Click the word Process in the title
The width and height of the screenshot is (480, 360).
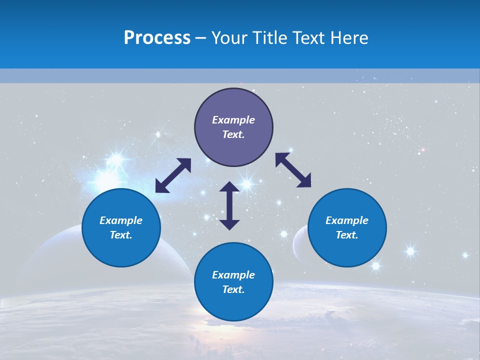click(157, 38)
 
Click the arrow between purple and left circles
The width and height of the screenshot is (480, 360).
click(173, 175)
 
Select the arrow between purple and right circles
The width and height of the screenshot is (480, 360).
click(293, 170)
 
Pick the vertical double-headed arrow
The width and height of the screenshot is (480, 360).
click(229, 205)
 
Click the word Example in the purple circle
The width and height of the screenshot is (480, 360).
click(233, 120)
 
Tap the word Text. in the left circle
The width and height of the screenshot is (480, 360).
click(121, 235)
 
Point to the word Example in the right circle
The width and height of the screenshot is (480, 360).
click(347, 220)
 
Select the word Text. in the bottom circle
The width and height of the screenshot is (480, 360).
click(233, 289)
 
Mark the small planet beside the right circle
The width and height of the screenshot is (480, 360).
click(299, 242)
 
